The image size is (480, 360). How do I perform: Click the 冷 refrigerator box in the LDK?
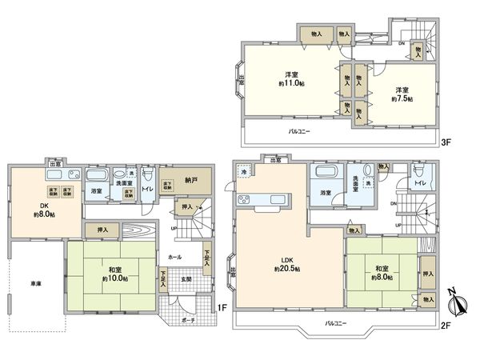(x=243, y=170)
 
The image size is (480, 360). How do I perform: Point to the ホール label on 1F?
(x=174, y=258)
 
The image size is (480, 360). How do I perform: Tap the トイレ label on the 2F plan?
(x=420, y=184)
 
